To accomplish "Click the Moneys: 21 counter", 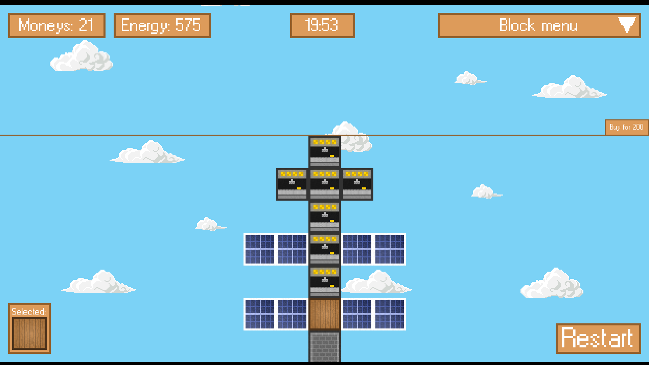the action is (57, 25).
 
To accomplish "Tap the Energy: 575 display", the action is (162, 25).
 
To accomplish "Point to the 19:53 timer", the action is (322, 25).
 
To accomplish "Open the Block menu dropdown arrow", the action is (627, 25).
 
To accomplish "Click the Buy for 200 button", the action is (626, 127).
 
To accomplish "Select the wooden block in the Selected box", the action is (29, 333).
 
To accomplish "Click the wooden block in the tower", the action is (325, 314).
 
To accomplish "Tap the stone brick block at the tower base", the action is (325, 346).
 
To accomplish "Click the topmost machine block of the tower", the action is (325, 152).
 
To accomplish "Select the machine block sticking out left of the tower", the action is (292, 184).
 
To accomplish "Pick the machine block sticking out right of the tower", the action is (357, 184).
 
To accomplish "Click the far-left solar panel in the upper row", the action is (260, 249).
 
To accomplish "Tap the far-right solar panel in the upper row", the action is (390, 249).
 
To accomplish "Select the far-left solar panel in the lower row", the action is (260, 314).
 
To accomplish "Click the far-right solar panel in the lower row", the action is (390, 314).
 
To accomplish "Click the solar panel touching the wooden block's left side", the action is (292, 314).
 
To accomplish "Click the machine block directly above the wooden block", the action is (325, 282).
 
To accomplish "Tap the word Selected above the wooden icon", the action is (29, 312).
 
